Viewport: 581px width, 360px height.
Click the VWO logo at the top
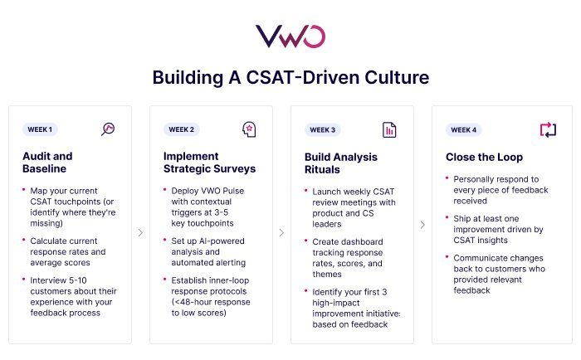point(290,36)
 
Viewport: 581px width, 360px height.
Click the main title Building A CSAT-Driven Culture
point(290,78)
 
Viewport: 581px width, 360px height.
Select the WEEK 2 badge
point(181,129)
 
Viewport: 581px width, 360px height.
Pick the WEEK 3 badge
point(322,129)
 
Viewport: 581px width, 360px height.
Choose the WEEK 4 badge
point(463,129)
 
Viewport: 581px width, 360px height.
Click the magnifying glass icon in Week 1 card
point(108,129)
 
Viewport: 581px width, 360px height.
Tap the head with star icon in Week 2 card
point(248,129)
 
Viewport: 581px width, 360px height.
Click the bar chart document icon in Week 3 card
point(389,129)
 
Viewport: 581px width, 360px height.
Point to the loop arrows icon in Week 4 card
point(548,129)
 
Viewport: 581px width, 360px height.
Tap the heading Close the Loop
point(484,157)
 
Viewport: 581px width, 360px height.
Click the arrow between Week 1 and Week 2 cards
point(140,233)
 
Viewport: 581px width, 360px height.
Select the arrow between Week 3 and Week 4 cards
point(422,233)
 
